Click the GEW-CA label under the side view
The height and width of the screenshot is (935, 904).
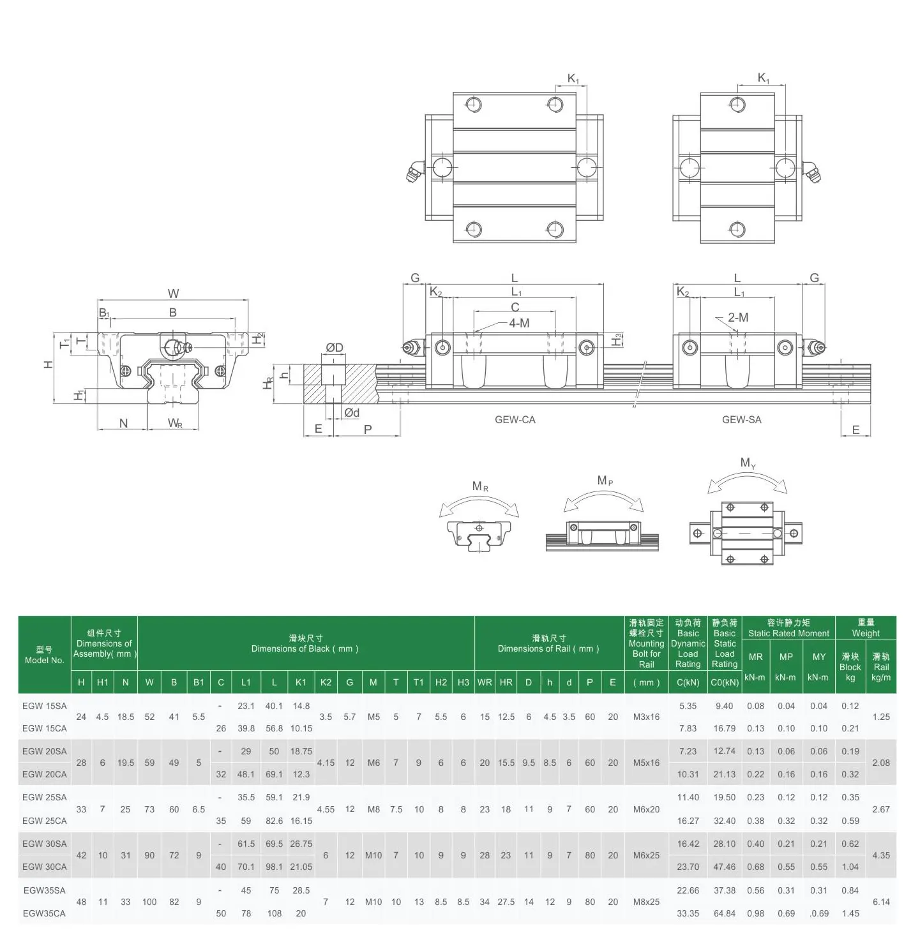pos(515,419)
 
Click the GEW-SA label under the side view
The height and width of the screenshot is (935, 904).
pos(741,419)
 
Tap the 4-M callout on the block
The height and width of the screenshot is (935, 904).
pos(518,323)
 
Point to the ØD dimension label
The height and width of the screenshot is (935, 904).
pos(334,348)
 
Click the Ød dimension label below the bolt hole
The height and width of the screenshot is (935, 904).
pos(351,413)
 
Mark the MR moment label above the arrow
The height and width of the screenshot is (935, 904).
pos(479,486)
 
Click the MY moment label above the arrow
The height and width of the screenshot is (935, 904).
pos(748,463)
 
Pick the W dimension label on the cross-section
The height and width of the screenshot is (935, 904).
pos(173,294)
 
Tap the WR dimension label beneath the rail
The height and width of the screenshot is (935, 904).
pos(175,423)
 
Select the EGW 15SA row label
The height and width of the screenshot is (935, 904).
pos(44,706)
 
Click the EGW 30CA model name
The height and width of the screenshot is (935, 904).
pos(44,867)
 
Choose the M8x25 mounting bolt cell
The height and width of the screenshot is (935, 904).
pos(646,902)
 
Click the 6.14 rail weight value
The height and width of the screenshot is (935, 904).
pos(880,902)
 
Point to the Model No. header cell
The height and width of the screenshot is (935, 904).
pos(44,655)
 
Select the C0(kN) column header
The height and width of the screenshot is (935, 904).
pos(724,682)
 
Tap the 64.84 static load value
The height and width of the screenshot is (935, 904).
pos(724,913)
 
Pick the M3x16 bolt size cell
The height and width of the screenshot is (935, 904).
pos(646,717)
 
